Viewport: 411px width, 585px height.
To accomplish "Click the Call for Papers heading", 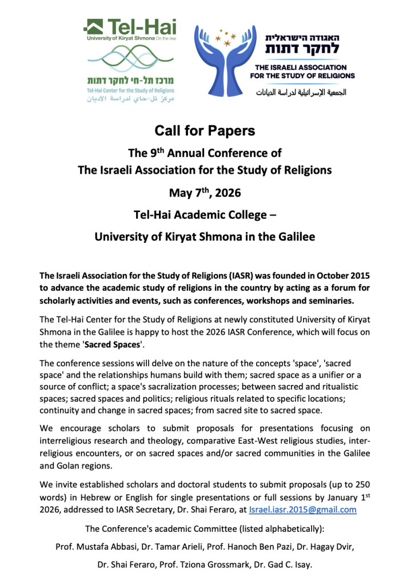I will tap(205, 131).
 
